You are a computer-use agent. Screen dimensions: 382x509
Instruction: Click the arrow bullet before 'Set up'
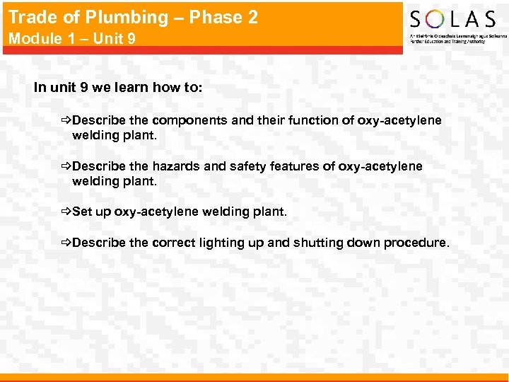point(66,212)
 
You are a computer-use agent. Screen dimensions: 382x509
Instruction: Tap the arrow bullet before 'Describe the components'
point(66,120)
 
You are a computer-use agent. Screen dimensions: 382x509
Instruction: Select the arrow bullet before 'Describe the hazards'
point(66,166)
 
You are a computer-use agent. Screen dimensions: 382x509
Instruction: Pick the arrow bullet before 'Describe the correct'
point(66,243)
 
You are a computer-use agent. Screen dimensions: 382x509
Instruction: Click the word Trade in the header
point(29,18)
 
